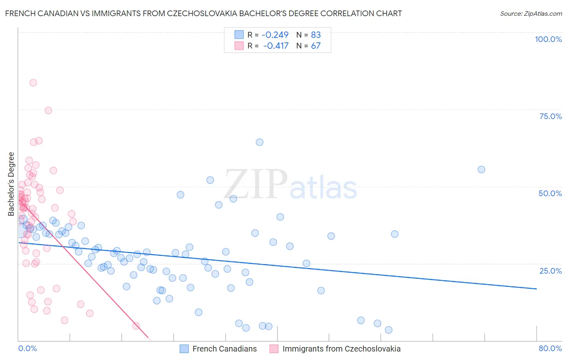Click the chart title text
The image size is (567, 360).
[x=203, y=13]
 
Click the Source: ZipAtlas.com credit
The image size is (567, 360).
[x=531, y=13]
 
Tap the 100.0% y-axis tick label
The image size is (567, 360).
[x=548, y=39]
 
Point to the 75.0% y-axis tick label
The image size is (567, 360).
[x=550, y=116]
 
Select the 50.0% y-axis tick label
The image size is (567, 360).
[x=550, y=193]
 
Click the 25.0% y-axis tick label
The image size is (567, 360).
[x=550, y=270]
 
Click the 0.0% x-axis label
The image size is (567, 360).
[x=27, y=348]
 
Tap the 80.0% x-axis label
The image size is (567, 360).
[x=550, y=348]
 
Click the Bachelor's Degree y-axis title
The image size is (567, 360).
[x=11, y=184]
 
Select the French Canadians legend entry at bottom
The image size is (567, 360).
[x=224, y=349]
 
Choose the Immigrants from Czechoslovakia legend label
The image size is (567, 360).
[x=341, y=349]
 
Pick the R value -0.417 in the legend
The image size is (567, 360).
[x=276, y=46]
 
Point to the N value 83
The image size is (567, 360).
[x=316, y=35]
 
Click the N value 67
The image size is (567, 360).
[x=316, y=46]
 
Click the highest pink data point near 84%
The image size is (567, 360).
[x=33, y=83]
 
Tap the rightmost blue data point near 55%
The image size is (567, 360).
[x=481, y=170]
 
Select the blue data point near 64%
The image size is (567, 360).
[x=260, y=142]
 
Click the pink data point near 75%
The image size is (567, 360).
[x=48, y=111]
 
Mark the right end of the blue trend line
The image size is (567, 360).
[x=536, y=289]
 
